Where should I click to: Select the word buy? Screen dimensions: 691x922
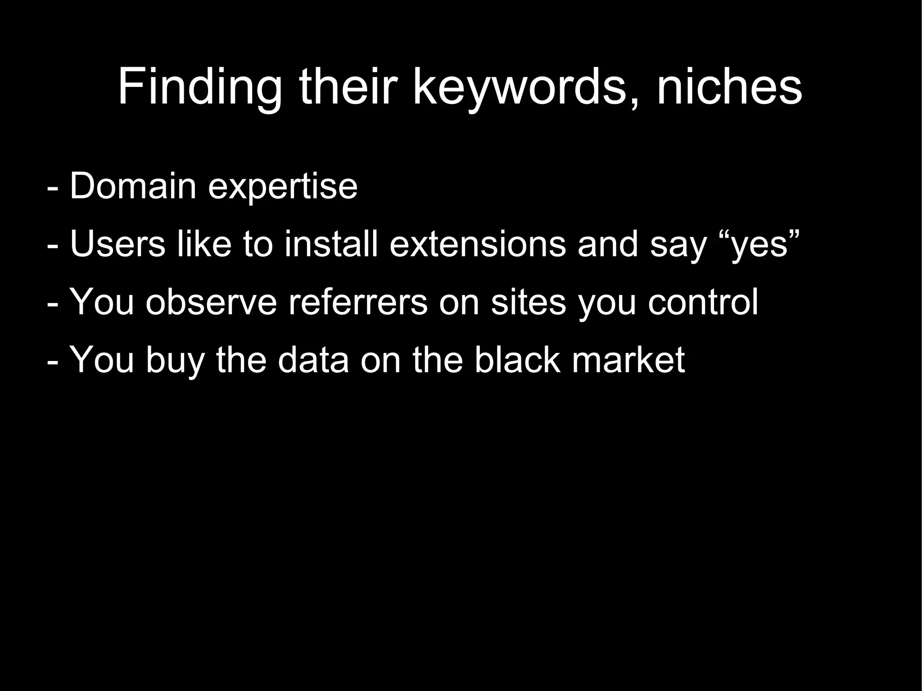pyautogui.click(x=175, y=361)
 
